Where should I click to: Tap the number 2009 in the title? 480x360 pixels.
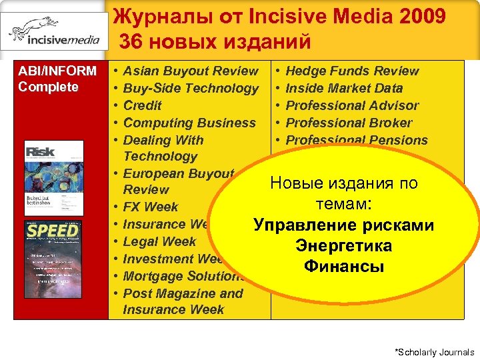421,16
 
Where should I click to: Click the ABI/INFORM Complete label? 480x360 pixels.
57,79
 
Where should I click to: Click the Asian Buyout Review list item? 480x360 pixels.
191,71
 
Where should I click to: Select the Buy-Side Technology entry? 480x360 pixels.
191,88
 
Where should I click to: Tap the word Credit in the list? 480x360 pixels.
143,105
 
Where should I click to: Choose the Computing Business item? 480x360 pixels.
189,123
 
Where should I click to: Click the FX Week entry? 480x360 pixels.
151,207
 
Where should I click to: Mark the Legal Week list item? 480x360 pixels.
159,241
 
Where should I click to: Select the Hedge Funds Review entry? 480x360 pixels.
352,71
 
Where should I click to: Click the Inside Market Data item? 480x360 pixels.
344,88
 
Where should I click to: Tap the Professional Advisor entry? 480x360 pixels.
352,105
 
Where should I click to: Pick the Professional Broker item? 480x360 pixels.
349,123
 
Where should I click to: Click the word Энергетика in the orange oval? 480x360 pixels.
344,247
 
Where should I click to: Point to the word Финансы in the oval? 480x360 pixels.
344,267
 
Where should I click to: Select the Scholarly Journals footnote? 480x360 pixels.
435,352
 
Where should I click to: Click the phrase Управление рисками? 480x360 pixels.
344,226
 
